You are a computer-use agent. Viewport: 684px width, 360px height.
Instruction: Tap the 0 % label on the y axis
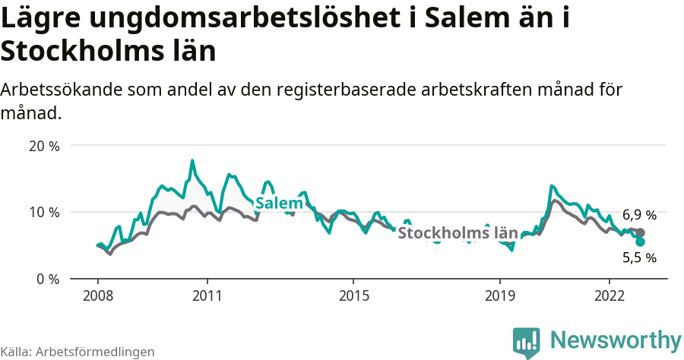(47, 279)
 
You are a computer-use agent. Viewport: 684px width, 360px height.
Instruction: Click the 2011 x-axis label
(207, 295)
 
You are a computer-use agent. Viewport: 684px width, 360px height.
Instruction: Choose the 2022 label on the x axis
(610, 295)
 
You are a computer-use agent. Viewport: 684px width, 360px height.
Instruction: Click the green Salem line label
(278, 204)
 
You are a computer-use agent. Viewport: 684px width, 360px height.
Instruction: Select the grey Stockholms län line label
(458, 233)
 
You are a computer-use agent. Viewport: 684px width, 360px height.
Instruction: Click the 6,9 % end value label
(639, 215)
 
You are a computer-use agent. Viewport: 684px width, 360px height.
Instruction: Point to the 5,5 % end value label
(639, 257)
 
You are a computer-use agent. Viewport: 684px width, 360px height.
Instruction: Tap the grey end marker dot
(640, 233)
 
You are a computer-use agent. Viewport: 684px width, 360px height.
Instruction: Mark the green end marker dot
(640, 242)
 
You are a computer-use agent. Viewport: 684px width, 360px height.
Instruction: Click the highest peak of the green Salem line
(192, 160)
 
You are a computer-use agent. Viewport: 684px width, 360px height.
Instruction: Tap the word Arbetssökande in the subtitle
(63, 90)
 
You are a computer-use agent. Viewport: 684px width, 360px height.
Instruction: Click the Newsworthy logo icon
(527, 342)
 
